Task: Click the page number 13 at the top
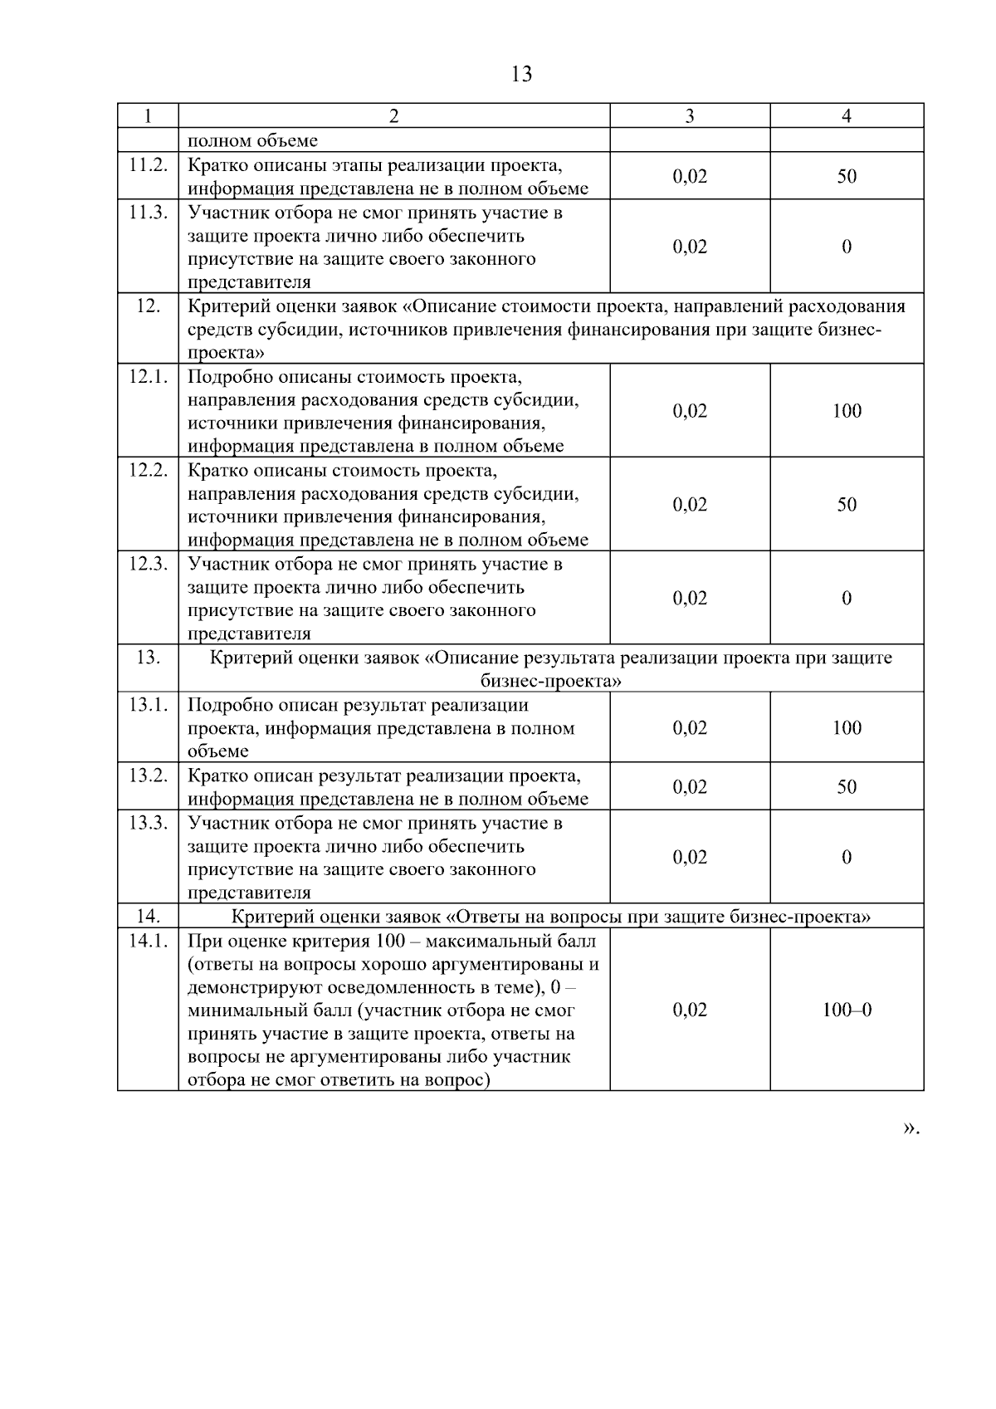click(x=521, y=75)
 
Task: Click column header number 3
click(x=690, y=116)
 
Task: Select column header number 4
click(x=847, y=116)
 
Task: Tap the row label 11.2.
click(x=148, y=164)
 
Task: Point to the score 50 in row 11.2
click(x=847, y=176)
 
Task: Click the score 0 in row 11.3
click(x=847, y=247)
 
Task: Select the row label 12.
click(x=148, y=306)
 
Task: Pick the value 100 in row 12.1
click(x=847, y=411)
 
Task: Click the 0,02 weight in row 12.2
click(x=690, y=505)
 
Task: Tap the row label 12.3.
click(x=148, y=564)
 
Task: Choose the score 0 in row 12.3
click(x=847, y=599)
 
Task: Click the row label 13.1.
click(x=148, y=705)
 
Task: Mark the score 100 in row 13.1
click(x=847, y=728)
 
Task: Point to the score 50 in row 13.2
click(x=847, y=787)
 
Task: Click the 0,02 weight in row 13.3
click(x=690, y=858)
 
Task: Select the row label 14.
click(x=148, y=917)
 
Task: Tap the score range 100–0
click(x=847, y=1010)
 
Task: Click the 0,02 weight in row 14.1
click(x=690, y=1010)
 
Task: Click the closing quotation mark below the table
click(x=910, y=1128)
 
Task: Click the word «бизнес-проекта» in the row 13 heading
click(x=551, y=682)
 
